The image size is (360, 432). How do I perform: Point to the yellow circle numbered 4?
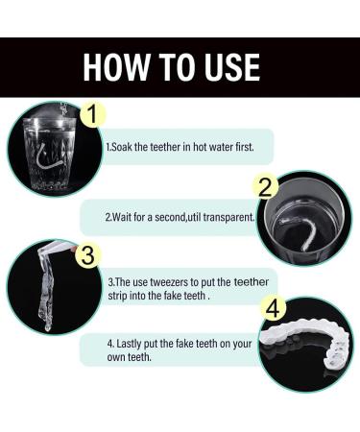pos(276,310)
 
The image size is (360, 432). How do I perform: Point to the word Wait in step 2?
pos(123,217)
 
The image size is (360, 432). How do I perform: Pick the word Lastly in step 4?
pos(130,342)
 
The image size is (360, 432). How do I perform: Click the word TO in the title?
pos(174,66)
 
